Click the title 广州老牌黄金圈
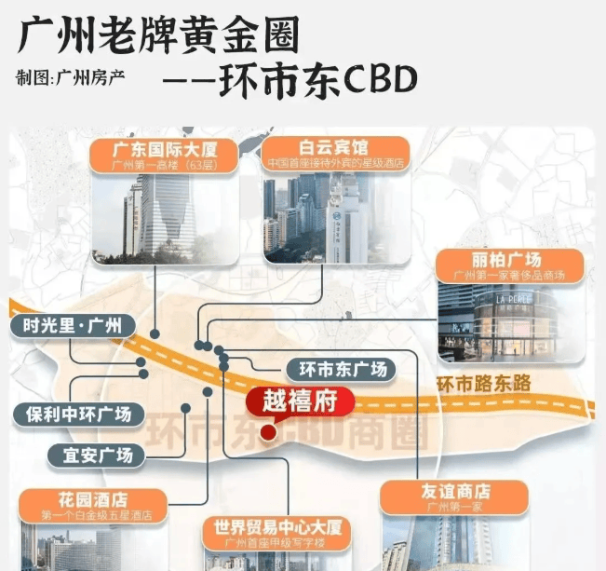[159, 36]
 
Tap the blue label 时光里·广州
[73, 327]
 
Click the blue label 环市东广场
[340, 369]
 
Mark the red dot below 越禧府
[268, 432]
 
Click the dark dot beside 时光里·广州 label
[155, 333]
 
